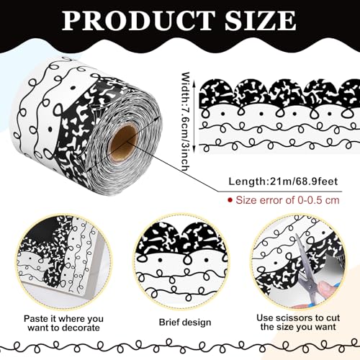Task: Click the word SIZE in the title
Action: (261, 21)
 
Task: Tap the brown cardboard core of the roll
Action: (122, 143)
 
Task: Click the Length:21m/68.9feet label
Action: (283, 181)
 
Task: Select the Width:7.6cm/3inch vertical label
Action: (186, 121)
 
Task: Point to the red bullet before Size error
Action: (230, 199)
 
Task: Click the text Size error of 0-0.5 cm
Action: (287, 200)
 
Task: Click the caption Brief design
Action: (185, 322)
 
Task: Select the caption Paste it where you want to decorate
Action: (63, 323)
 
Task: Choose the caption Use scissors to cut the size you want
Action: (298, 323)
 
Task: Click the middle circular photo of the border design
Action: (182, 261)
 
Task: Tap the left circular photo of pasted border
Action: (64, 261)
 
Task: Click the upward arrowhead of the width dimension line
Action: (194, 84)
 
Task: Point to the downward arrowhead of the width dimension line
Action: (194, 150)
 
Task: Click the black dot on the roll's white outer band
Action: (50, 129)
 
